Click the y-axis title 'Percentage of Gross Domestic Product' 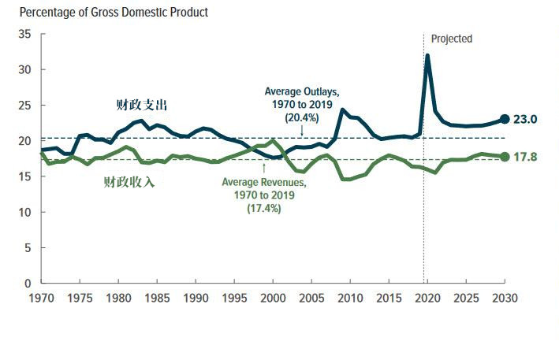114,13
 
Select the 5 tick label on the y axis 27,247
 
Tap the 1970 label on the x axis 41,299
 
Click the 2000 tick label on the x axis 272,299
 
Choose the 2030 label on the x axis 505,299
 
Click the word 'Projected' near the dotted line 452,39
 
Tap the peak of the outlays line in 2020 427,56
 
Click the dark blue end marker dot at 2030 505,120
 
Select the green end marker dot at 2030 505,157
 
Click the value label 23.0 526,120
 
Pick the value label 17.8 526,157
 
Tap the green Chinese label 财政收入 129,183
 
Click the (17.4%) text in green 263,209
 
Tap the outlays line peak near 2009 342,109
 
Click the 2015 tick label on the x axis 388,299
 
